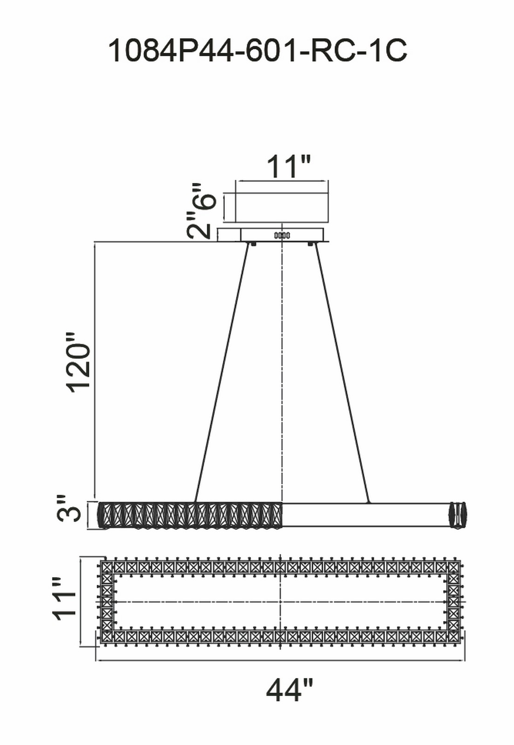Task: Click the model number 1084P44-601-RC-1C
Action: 257,50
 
